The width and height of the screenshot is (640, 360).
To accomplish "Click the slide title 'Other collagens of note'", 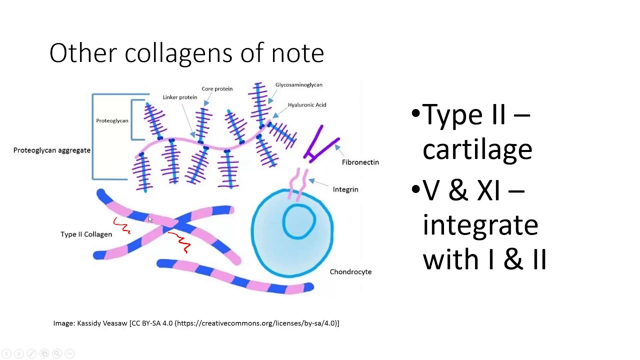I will click(x=186, y=53).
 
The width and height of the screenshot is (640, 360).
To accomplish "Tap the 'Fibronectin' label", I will click(x=360, y=162).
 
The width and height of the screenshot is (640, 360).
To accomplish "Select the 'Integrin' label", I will click(x=345, y=189).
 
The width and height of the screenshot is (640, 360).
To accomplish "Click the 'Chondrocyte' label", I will click(x=350, y=272).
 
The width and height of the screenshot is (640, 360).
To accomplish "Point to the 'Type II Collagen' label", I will click(x=86, y=234).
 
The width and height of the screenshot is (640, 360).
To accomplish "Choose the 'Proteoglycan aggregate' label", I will click(x=51, y=150).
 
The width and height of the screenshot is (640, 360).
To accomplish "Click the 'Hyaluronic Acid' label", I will click(x=306, y=105).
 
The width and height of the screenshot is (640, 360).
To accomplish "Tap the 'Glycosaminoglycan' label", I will click(x=298, y=85).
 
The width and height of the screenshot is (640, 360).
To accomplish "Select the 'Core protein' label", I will click(x=217, y=89).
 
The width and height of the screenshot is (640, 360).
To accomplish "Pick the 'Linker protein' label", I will click(x=180, y=97).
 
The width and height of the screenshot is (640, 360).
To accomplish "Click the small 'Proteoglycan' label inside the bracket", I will click(x=112, y=121).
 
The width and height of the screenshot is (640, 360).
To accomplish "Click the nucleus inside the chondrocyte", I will click(x=299, y=221).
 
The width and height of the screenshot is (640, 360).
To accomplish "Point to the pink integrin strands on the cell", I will click(x=297, y=183).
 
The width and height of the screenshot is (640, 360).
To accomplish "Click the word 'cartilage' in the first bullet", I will click(x=477, y=149).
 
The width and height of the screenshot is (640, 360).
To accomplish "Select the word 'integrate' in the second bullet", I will click(x=480, y=225).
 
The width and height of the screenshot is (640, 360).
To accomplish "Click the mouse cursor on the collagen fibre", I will click(x=150, y=219).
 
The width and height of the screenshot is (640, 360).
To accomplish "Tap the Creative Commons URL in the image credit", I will click(x=255, y=323).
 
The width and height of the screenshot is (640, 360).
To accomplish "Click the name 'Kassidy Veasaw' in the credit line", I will click(x=102, y=323).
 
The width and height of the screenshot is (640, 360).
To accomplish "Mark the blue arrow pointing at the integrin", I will click(x=312, y=181).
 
